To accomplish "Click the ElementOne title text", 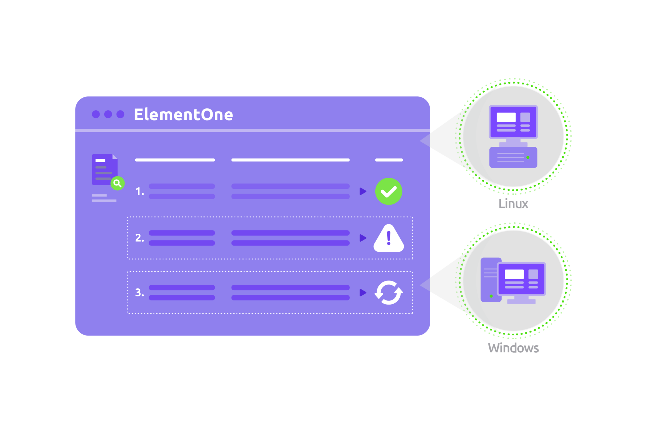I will point(183,114).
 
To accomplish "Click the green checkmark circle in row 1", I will point(389,191).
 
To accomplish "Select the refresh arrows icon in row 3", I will point(389,293).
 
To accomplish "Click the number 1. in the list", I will point(140,191).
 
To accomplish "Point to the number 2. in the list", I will point(140,238).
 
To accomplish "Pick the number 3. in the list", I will point(140,293).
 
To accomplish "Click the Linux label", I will point(513,204).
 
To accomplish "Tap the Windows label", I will point(513,348).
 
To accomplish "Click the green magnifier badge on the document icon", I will point(118,183).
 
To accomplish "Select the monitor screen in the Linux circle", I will point(513,122).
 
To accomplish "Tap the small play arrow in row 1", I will point(363,191).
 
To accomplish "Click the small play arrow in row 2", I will point(363,238).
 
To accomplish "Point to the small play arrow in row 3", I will point(363,293).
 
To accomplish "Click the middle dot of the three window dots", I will point(108,114).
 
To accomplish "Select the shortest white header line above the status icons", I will point(389,160).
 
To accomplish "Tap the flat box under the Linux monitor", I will point(513,157).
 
